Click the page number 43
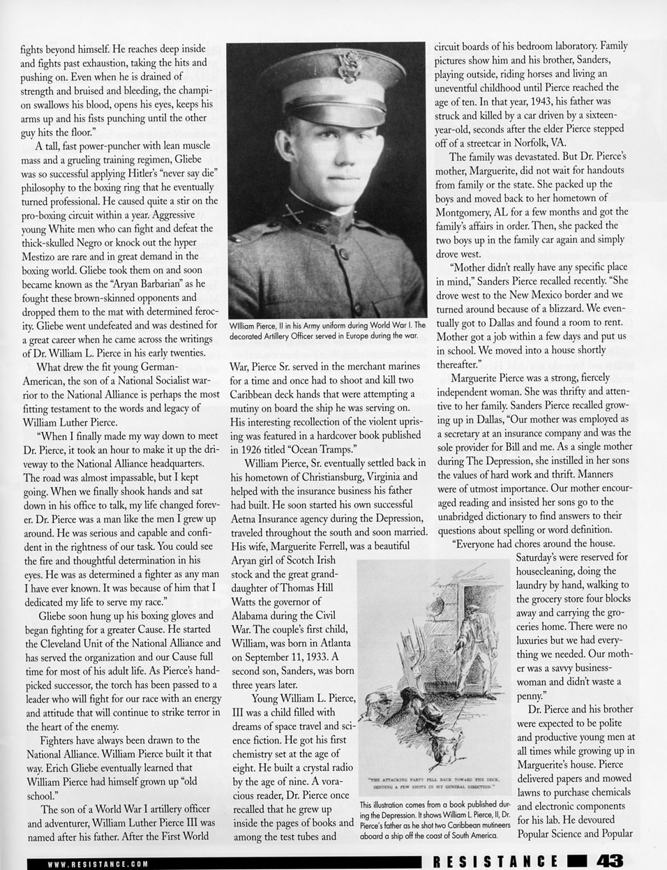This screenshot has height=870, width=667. click(608, 861)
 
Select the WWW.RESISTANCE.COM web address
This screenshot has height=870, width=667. click(98, 863)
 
